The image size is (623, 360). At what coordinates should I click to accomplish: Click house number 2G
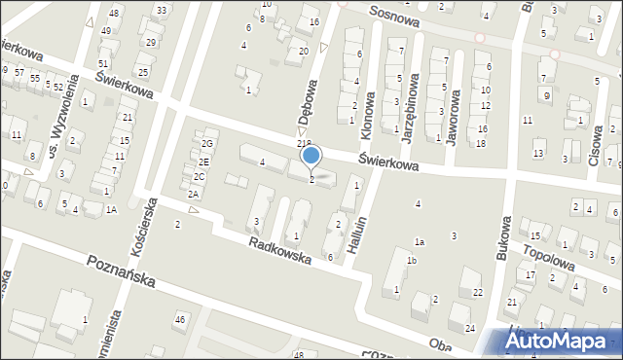click(x=206, y=144)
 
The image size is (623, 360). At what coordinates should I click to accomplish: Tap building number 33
click(x=161, y=10)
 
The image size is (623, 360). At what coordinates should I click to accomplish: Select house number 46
click(x=179, y=319)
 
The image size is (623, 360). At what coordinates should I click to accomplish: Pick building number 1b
click(x=412, y=260)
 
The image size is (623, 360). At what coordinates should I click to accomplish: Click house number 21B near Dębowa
click(x=303, y=144)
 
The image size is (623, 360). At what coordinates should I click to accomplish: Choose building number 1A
click(x=112, y=209)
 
